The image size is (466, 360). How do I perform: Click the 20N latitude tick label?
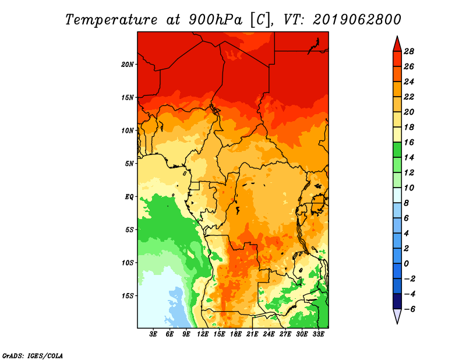[x=128, y=65]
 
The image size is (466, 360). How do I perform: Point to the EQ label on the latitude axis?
[x=129, y=197]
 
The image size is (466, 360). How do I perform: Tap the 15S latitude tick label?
[x=128, y=296]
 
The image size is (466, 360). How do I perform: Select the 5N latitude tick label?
[x=129, y=164]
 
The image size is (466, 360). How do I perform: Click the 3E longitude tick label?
[x=153, y=334]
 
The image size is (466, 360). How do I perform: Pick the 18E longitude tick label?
[x=236, y=334]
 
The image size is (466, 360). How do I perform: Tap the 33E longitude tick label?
[x=318, y=334]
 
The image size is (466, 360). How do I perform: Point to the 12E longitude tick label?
[x=203, y=334]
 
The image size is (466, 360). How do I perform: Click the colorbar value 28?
[x=409, y=51]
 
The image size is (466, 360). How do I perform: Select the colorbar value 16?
[x=409, y=142]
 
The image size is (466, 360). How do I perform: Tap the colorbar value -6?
[x=409, y=309]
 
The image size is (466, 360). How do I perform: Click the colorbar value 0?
[x=406, y=264]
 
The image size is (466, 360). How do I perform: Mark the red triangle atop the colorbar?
[x=397, y=44]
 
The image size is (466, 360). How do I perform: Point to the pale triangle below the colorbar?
[x=397, y=316]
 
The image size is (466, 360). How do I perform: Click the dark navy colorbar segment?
[x=397, y=301]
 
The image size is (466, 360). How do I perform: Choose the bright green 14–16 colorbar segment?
[x=397, y=150]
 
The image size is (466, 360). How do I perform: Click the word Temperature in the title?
[x=111, y=20]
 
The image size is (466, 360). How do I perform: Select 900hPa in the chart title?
[x=216, y=20]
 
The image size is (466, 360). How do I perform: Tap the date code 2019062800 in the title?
[x=357, y=20]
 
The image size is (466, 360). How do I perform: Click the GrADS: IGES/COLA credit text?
[x=33, y=356]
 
